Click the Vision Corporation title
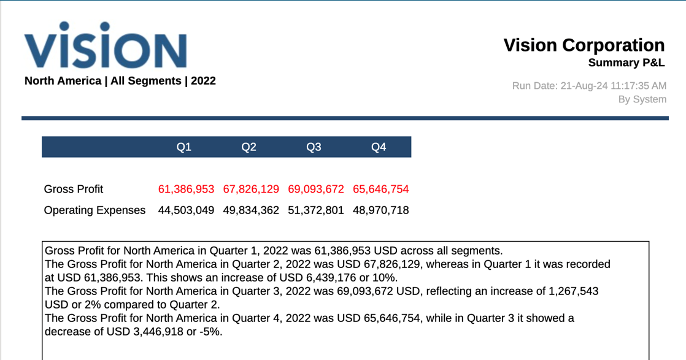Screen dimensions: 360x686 pos(584,45)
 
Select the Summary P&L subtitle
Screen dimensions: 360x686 pos(626,63)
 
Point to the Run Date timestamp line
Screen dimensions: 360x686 pos(589,86)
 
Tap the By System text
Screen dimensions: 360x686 pos(642,99)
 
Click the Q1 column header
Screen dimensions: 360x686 pos(184,147)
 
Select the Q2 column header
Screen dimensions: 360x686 pos(249,147)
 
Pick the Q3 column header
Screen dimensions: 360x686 pos(314,147)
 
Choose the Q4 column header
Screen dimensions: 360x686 pos(379,147)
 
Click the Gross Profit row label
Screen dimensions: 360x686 pos(74,190)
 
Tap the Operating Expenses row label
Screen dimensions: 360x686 pos(94,210)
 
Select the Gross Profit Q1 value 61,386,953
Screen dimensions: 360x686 pos(186,190)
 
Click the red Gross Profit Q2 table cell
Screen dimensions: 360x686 pos(251,190)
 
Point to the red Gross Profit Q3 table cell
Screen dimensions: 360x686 pos(316,190)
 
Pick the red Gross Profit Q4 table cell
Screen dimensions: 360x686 pos(380,190)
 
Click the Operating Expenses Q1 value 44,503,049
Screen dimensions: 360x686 pos(186,210)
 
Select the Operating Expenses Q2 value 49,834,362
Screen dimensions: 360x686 pos(251,210)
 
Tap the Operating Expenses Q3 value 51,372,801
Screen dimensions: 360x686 pos(316,210)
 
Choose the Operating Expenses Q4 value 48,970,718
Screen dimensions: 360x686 pos(380,210)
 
